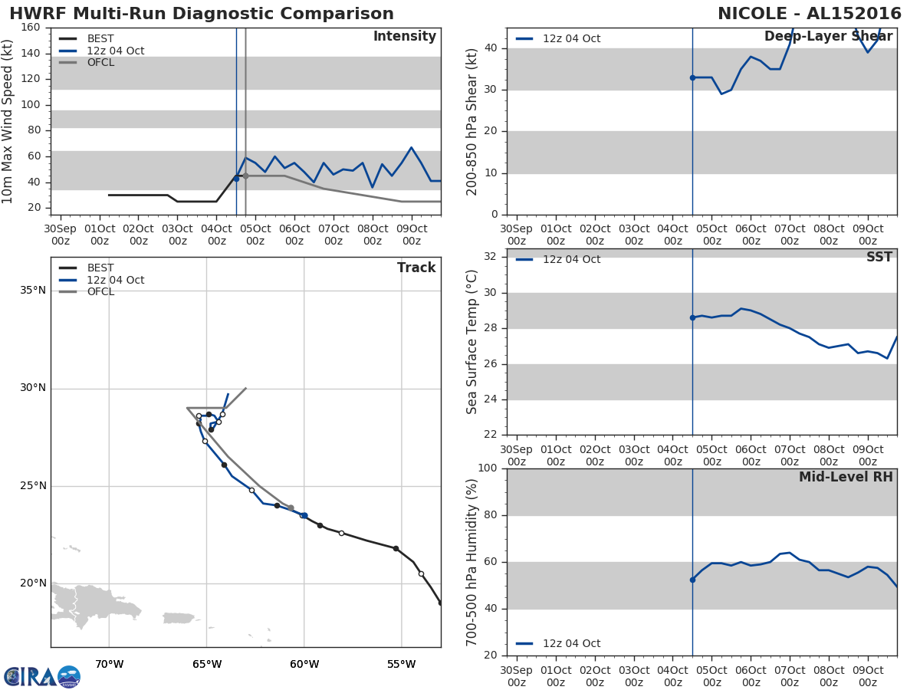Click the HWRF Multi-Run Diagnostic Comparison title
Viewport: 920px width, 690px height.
(202, 14)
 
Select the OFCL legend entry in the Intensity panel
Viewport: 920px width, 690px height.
(100, 63)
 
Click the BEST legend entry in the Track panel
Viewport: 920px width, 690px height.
(100, 268)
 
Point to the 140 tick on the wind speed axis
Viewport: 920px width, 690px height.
(31, 54)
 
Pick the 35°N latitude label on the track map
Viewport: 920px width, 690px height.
(34, 291)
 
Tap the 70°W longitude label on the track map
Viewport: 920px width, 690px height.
(109, 664)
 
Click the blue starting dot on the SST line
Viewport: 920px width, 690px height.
(692, 317)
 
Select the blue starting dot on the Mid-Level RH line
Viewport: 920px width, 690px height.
(692, 580)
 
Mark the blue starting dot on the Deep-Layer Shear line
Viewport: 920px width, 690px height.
(692, 77)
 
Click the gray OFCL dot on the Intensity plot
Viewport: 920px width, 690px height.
(245, 176)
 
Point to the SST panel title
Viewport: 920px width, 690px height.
(879, 258)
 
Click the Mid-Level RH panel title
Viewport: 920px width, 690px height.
(846, 477)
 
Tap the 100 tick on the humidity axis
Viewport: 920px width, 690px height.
(488, 468)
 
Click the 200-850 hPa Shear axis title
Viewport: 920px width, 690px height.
(472, 121)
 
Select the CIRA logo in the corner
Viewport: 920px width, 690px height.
(41, 676)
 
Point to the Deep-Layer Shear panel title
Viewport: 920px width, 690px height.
(828, 37)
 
